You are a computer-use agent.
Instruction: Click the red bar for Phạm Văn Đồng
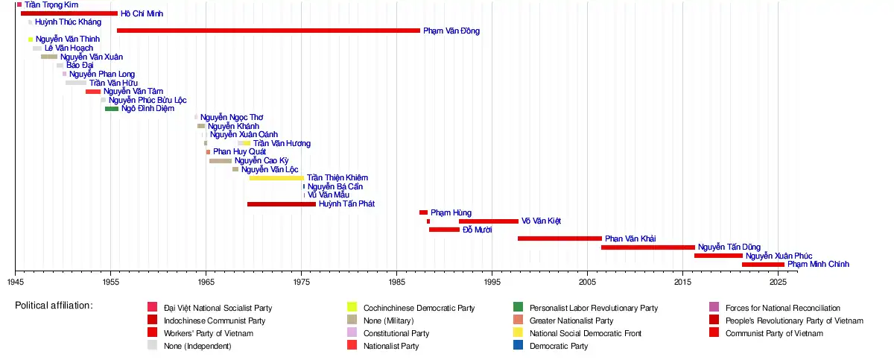(268, 31)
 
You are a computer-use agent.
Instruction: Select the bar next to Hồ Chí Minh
(69, 13)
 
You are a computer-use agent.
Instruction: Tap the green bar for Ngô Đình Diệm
(112, 109)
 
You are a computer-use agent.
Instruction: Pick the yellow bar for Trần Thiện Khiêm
(276, 178)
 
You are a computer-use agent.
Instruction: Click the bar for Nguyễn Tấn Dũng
(647, 247)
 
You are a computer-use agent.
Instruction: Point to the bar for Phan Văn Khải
(559, 239)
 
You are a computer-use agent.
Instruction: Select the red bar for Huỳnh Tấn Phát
(282, 204)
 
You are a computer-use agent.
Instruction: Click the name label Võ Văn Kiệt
(541, 221)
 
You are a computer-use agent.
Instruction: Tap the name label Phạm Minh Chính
(818, 265)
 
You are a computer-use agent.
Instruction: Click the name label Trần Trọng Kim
(51, 5)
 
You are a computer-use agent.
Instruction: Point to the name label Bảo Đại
(80, 66)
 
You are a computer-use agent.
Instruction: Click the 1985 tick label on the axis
(396, 283)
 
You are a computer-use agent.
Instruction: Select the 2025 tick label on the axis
(777, 283)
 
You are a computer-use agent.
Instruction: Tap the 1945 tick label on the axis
(16, 283)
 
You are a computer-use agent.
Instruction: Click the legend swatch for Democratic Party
(518, 346)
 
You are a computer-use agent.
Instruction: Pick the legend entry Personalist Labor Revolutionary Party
(594, 308)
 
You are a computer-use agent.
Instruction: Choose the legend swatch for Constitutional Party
(352, 333)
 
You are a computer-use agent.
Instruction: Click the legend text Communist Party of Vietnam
(773, 333)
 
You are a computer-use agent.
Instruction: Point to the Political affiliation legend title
(54, 306)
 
